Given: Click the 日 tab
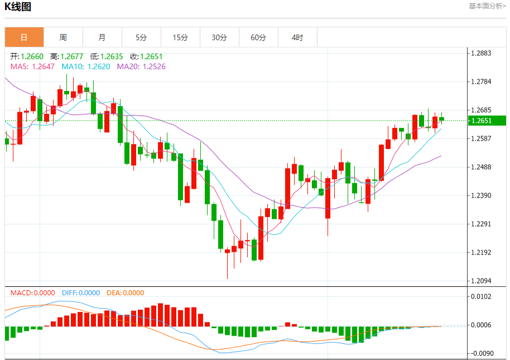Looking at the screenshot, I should [x=24, y=37].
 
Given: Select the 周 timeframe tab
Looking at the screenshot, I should [x=63, y=37].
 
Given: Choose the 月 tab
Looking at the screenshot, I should [x=102, y=37].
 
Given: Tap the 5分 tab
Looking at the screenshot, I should [x=141, y=37].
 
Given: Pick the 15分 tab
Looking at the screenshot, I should [x=180, y=37].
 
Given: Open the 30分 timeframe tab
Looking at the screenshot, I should [x=219, y=37].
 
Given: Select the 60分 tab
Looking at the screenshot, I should [x=258, y=37].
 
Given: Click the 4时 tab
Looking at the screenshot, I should [x=297, y=37].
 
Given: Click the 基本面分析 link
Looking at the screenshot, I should [x=487, y=6].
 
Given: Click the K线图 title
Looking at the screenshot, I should [x=18, y=7].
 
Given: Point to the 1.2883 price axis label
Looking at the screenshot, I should [x=481, y=54].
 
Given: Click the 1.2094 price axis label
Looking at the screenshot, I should [x=481, y=281].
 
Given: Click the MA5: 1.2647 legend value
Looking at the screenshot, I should [x=32, y=66].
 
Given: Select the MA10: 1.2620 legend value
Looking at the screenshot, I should [x=86, y=66].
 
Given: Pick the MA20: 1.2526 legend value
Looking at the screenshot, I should [x=141, y=66].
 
